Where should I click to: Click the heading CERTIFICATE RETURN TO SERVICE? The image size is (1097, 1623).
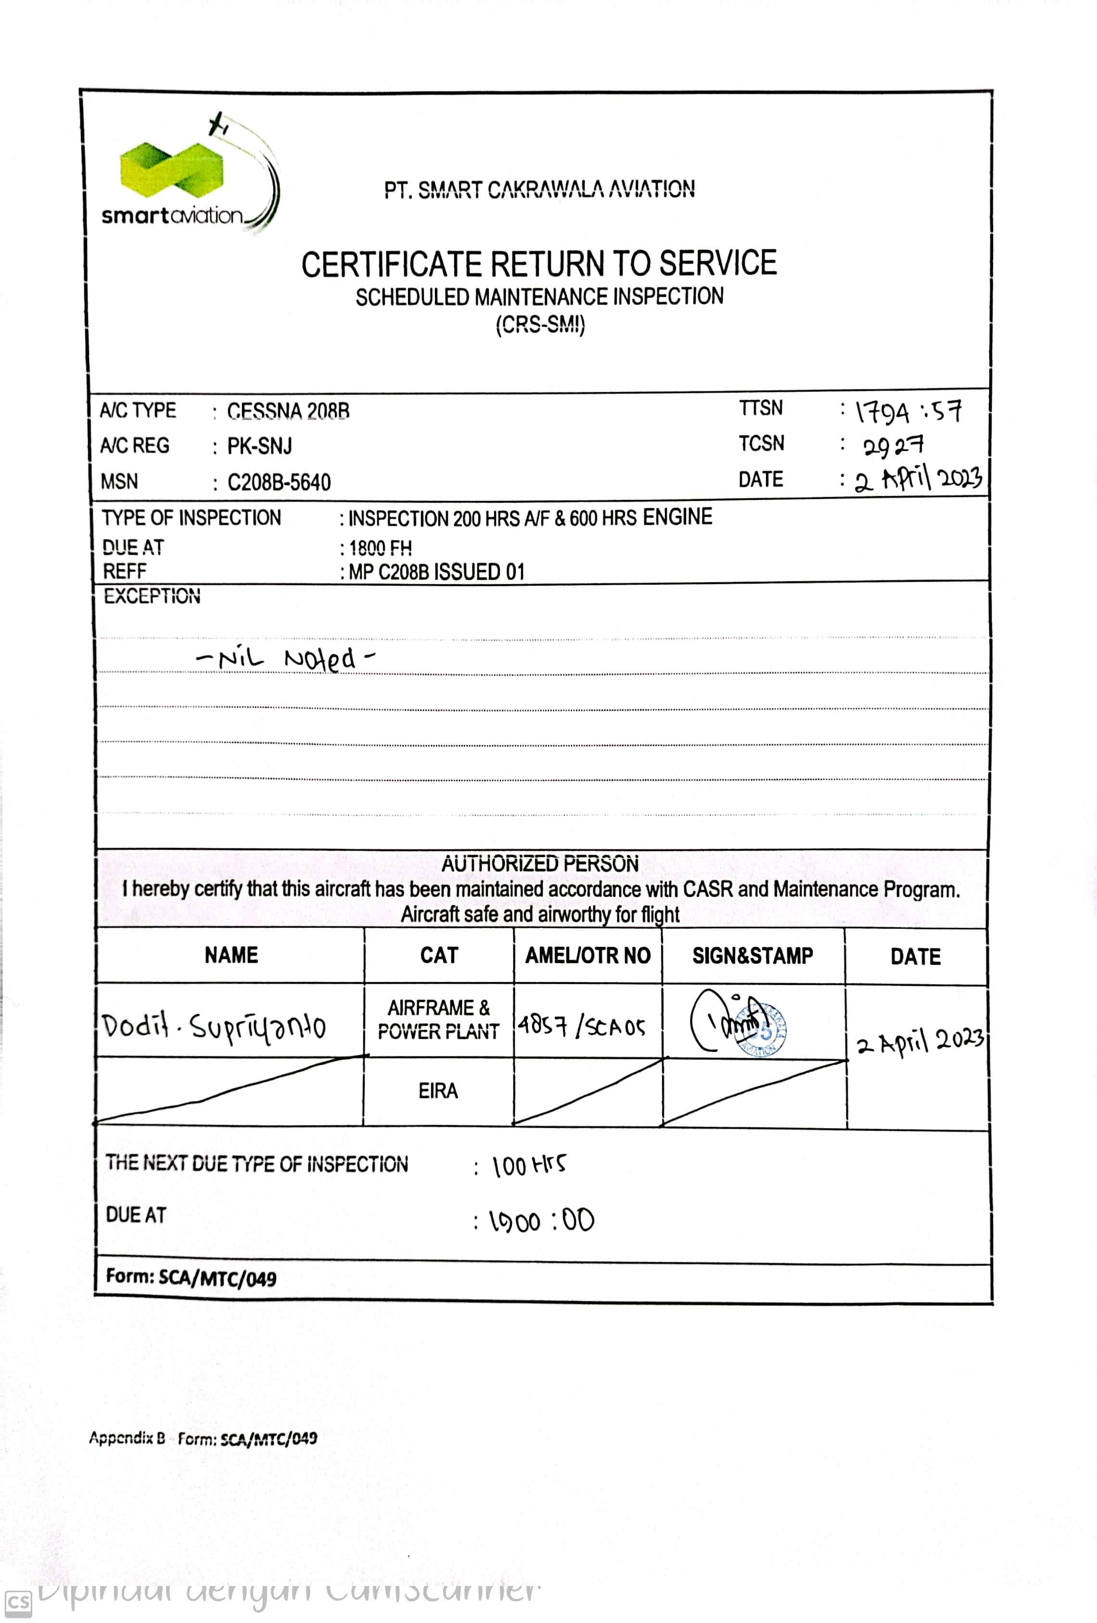pos(538,264)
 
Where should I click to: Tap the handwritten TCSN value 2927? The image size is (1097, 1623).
pos(893,446)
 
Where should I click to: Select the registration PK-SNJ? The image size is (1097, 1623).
pos(260,446)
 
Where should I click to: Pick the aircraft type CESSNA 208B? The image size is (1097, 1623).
pos(288,411)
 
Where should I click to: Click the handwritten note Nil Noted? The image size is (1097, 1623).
pos(286,659)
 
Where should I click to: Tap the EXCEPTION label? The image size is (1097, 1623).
pos(152,596)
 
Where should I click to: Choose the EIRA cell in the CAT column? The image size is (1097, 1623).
pos(438,1091)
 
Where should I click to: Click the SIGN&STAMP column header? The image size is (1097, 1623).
pos(752,955)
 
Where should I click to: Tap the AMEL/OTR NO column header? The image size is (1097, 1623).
pos(587,955)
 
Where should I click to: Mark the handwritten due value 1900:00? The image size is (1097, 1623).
pos(541,1221)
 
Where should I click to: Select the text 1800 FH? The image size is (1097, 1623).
pos(381,548)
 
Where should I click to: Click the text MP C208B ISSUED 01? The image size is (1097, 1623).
pos(436,572)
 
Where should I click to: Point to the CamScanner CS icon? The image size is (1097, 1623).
pos(18,1603)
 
